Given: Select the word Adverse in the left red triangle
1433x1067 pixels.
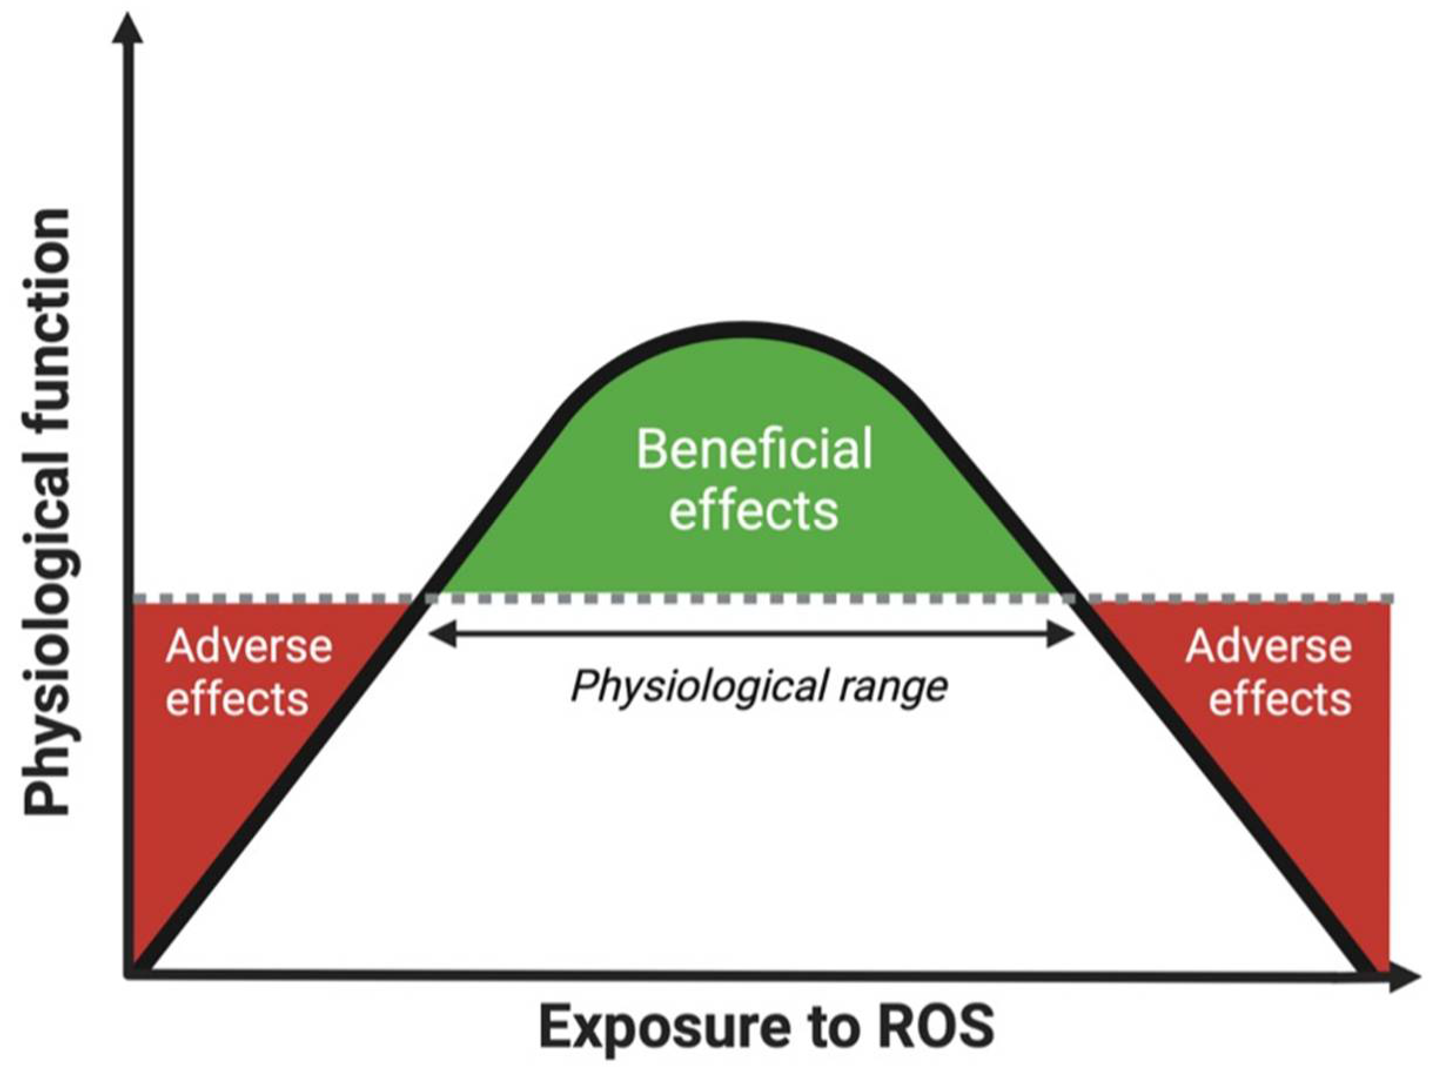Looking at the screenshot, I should [x=249, y=647].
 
